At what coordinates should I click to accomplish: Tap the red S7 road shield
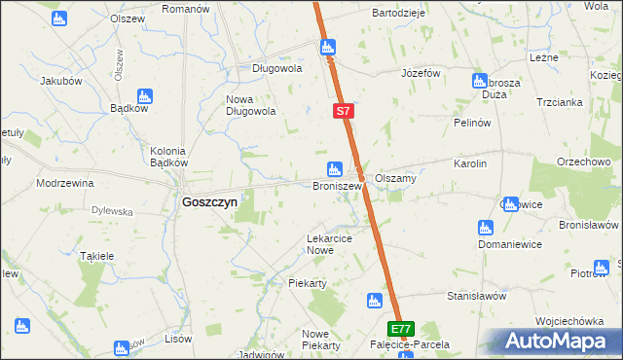(343, 112)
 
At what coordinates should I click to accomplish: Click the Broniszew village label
(337, 185)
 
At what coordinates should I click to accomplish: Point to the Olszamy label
(396, 178)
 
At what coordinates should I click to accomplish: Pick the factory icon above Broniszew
(335, 168)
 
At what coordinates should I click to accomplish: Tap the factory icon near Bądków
(145, 95)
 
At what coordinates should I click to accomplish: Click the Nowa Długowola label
(252, 105)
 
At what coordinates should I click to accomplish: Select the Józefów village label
(421, 74)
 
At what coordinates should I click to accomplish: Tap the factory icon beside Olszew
(58, 19)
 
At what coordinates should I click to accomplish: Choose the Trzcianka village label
(557, 102)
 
